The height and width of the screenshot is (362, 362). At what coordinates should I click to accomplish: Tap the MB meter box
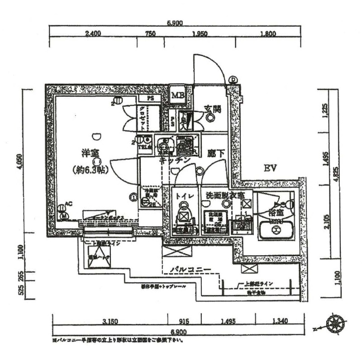coord(177,95)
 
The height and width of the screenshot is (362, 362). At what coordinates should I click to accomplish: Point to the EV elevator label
coord(270,169)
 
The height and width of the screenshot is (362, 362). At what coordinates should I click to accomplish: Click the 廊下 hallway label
coord(216,154)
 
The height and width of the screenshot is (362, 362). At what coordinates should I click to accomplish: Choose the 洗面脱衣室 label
coord(225,196)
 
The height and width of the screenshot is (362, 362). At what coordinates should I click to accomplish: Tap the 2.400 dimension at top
coord(93,33)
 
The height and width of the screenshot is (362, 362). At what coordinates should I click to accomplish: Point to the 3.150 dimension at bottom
coord(110,322)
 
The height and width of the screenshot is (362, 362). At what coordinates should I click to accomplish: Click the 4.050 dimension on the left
coord(19,162)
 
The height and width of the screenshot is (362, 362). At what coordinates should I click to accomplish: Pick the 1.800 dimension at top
coord(268,33)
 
